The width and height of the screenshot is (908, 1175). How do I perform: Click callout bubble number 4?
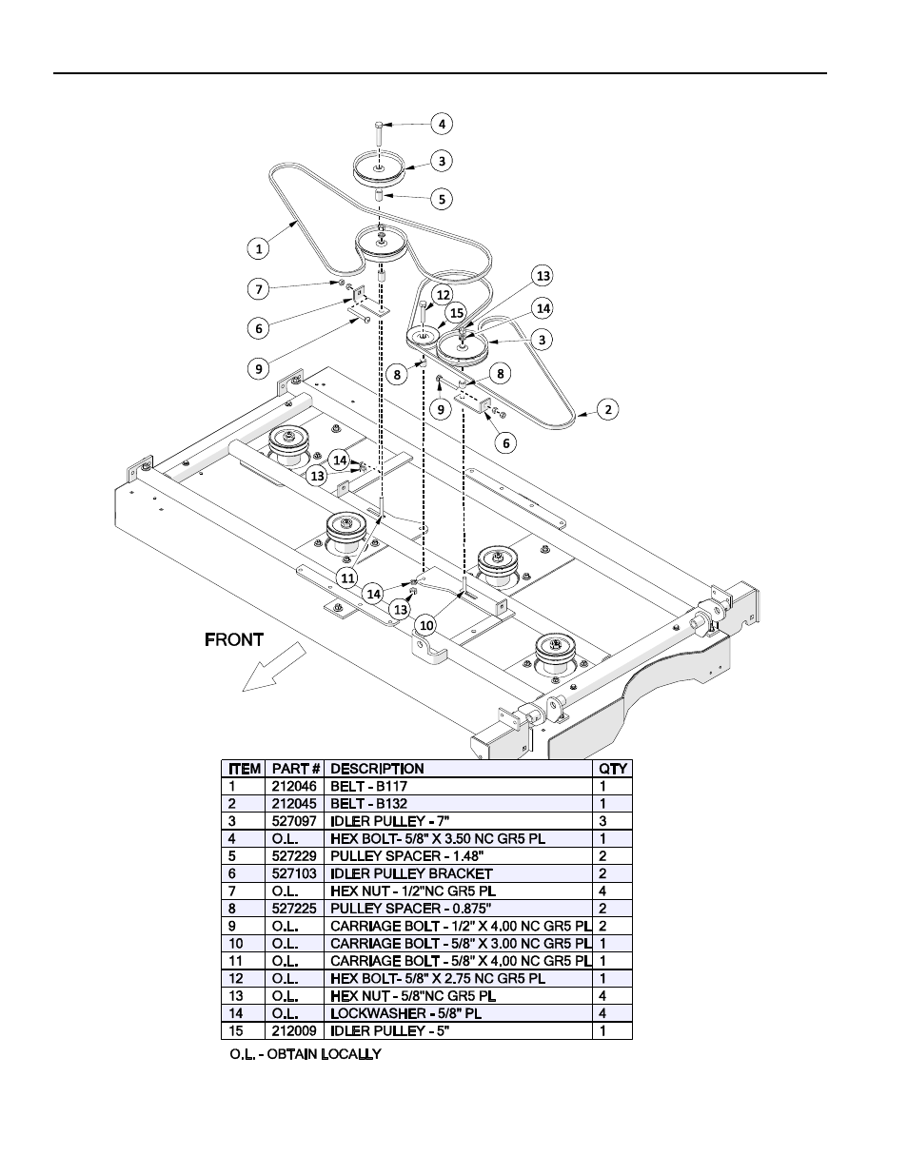[442, 124]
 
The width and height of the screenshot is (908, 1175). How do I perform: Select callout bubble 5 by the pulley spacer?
[442, 199]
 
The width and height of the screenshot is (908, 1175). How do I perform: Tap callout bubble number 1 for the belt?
[259, 248]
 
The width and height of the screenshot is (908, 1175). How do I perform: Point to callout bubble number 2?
[608, 409]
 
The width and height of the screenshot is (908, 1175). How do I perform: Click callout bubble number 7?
[259, 289]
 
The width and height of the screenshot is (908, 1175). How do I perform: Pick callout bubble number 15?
[457, 313]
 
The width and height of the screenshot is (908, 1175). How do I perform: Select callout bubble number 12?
[444, 295]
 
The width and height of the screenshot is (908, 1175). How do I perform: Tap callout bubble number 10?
[426, 626]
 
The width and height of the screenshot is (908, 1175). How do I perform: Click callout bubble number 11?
[347, 578]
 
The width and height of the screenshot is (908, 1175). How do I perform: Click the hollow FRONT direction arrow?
[274, 667]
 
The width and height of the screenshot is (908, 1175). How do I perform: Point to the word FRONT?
[234, 640]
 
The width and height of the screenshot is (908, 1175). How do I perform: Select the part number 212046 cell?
[294, 786]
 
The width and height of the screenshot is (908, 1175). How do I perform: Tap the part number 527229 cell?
[294, 856]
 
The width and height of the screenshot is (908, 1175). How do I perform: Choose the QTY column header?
[613, 769]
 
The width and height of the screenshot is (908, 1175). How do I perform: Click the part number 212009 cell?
[294, 1030]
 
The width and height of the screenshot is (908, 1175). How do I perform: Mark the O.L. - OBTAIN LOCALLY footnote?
[306, 1054]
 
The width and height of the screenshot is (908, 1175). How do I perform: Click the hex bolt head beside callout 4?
[379, 125]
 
